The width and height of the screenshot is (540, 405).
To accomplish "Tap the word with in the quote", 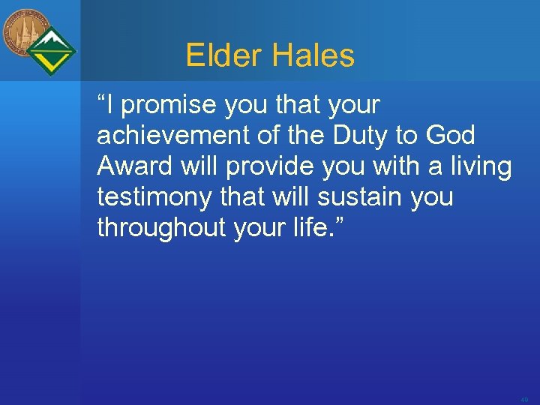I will (396, 166).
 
